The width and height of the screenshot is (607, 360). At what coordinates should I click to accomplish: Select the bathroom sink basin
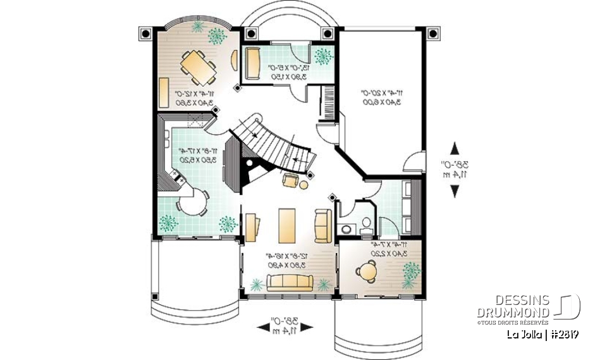(367, 221)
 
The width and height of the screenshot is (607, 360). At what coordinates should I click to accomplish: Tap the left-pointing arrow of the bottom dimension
(262, 326)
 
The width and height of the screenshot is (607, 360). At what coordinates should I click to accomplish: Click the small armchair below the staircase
(290, 181)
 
